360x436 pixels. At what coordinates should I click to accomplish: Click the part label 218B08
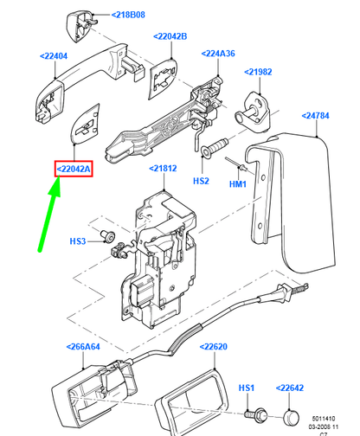(x=128, y=15)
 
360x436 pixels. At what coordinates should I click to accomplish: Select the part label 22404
(x=54, y=56)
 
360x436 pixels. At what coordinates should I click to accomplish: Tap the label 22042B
(x=170, y=36)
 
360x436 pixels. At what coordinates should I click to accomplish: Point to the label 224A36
(x=218, y=54)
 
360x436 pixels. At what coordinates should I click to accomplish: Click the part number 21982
(x=258, y=72)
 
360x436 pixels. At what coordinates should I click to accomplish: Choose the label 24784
(x=315, y=116)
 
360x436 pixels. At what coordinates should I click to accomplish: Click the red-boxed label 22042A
(x=74, y=169)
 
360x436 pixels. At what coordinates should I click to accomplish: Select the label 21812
(x=163, y=168)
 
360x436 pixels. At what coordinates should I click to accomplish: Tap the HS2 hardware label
(x=201, y=181)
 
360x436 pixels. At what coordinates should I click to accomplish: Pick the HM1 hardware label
(x=238, y=183)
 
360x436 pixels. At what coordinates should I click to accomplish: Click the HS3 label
(x=78, y=240)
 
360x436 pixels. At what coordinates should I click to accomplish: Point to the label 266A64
(x=83, y=346)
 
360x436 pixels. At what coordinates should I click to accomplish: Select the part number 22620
(x=214, y=346)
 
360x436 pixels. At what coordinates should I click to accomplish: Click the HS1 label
(x=247, y=388)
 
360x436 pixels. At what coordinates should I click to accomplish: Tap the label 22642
(x=290, y=388)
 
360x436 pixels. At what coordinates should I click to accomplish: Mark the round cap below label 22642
(x=291, y=417)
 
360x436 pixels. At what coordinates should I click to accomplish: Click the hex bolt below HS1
(x=256, y=415)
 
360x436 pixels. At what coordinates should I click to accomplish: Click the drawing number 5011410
(x=324, y=418)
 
